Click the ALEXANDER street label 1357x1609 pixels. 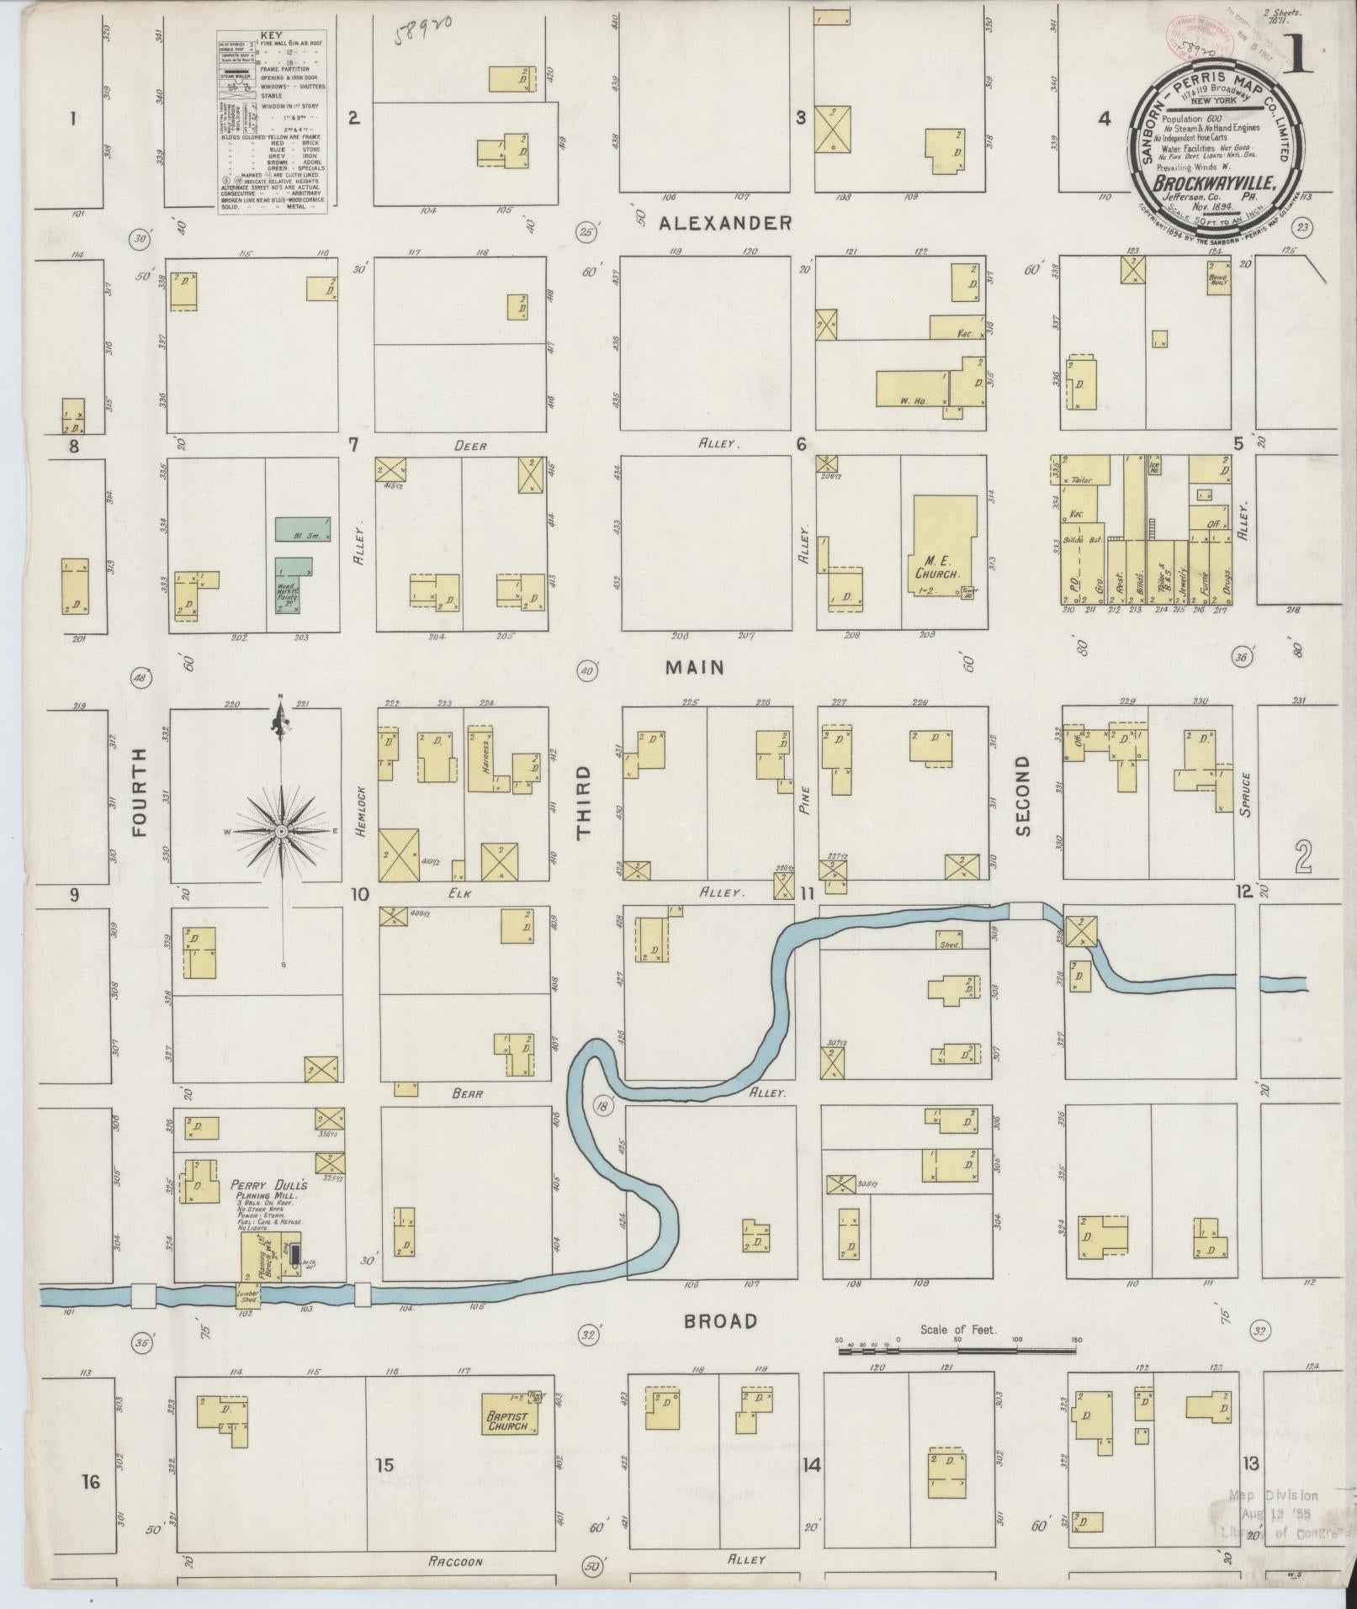pos(724,223)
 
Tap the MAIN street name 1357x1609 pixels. pos(694,667)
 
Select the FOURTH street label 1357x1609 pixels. pos(140,792)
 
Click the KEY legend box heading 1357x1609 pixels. pos(271,36)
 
